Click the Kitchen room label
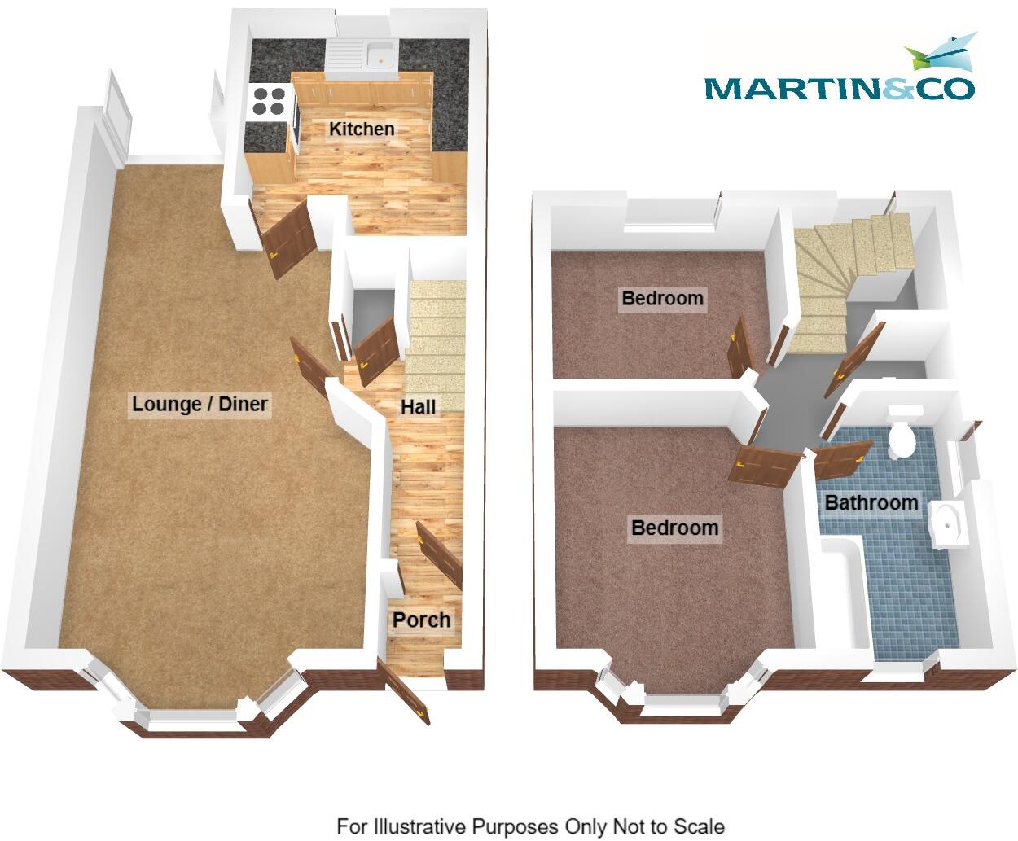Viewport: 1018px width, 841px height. [x=362, y=129]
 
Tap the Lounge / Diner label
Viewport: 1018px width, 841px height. [x=200, y=404]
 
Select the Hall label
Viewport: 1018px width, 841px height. [x=418, y=406]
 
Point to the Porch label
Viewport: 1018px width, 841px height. [x=421, y=620]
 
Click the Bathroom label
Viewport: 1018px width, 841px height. [x=871, y=502]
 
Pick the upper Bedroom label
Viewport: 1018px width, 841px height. [x=662, y=298]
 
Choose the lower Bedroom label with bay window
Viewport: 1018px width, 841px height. [x=675, y=528]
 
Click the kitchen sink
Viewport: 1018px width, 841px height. [x=379, y=55]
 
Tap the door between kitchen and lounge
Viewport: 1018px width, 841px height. [x=290, y=237]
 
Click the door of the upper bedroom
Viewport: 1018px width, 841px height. [x=740, y=348]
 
